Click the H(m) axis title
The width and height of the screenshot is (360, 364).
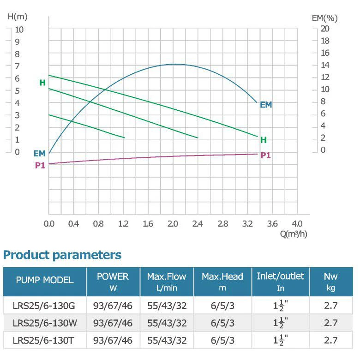(18, 17)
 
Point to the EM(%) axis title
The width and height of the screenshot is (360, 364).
(325, 18)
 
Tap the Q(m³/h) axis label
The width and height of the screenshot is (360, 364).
(294, 234)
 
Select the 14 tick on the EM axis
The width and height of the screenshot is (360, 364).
(325, 65)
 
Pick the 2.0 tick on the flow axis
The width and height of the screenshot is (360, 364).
(173, 224)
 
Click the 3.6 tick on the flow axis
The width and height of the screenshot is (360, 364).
(272, 224)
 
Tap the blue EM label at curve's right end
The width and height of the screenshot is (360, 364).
(266, 105)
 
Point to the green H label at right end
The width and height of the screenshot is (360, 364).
(264, 139)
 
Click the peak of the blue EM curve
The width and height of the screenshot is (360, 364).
(174, 64)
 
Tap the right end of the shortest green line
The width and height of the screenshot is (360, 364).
(125, 137)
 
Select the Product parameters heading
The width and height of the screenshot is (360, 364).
(62, 255)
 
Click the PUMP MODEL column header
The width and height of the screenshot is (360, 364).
(45, 280)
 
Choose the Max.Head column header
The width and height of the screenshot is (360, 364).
(222, 281)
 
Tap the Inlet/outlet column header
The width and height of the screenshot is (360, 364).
(281, 280)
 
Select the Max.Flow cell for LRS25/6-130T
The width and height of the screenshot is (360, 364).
(167, 340)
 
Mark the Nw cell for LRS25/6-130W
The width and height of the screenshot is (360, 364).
(331, 322)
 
